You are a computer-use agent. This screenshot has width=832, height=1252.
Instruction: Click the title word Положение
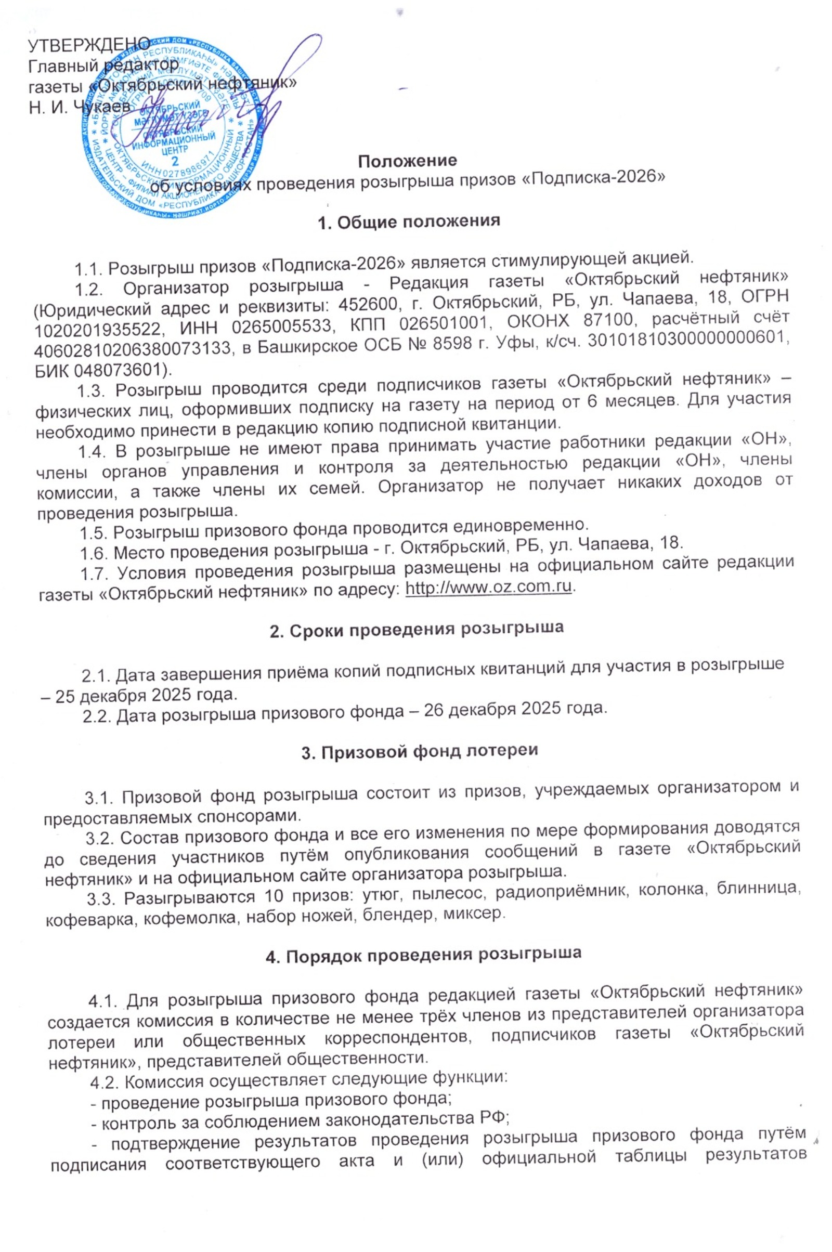(408, 160)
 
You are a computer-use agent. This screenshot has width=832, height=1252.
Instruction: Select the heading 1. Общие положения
(408, 221)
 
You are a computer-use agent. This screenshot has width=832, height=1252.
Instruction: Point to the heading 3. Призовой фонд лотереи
(420, 750)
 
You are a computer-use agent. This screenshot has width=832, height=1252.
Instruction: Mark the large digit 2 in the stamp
(176, 161)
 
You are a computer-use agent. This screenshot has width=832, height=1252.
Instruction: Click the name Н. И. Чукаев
(80, 107)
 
